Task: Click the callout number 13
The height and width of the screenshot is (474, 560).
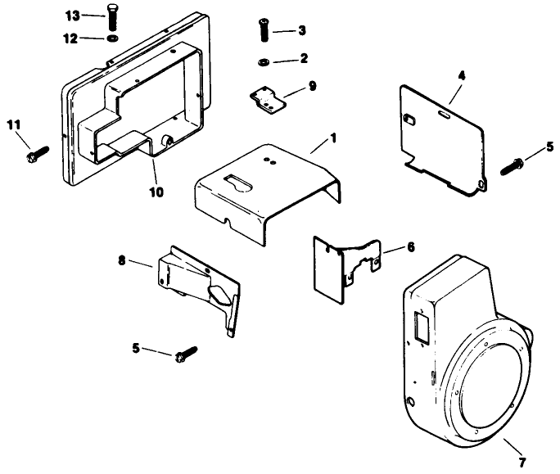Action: tap(73, 16)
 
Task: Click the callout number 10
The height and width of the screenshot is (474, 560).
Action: tap(156, 192)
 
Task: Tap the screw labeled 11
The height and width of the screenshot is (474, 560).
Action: tap(38, 152)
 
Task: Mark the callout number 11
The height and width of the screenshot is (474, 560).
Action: tap(11, 124)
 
